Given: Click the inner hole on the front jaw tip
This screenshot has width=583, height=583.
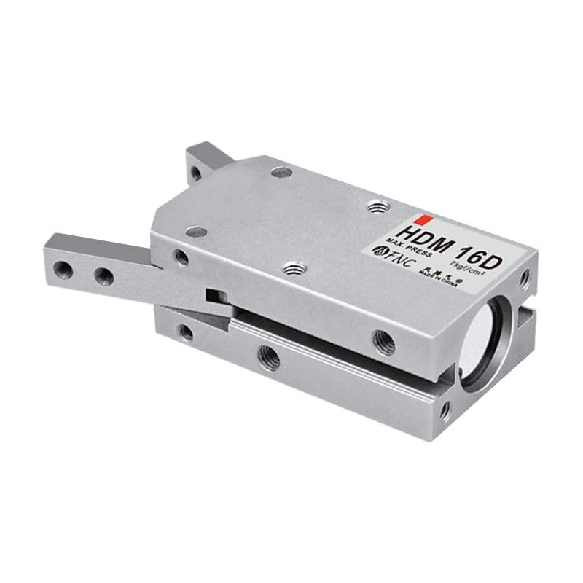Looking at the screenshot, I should pyautogui.click(x=103, y=275).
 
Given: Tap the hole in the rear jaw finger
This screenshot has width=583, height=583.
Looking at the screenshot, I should pyautogui.click(x=195, y=173).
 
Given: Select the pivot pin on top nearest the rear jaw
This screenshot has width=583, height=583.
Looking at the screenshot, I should pyautogui.click(x=277, y=173).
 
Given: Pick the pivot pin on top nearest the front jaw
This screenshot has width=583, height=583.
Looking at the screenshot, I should pyautogui.click(x=193, y=232).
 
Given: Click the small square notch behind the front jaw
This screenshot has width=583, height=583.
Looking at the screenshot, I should pyautogui.click(x=214, y=296).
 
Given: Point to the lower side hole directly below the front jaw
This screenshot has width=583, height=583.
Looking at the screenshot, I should pyautogui.click(x=187, y=334).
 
